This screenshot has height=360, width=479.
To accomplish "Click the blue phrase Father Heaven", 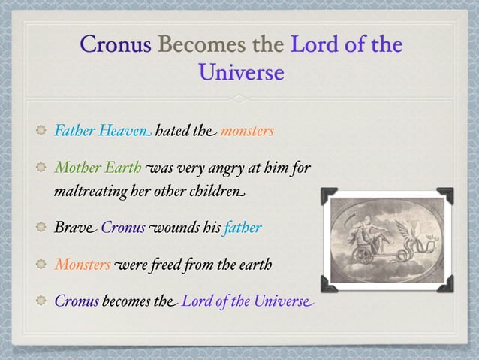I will pyautogui.click(x=101, y=132).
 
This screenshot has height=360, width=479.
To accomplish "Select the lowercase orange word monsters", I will pyautogui.click(x=247, y=132).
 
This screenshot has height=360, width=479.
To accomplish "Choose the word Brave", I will pyautogui.click(x=74, y=228).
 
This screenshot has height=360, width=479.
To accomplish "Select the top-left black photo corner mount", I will pyautogui.click(x=330, y=195).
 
